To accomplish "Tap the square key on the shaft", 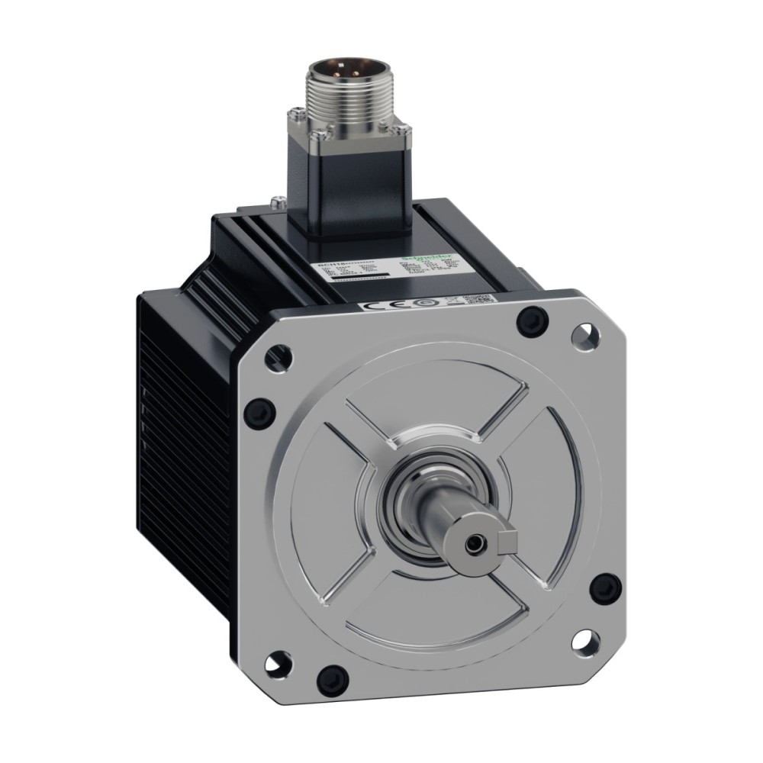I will tap(507, 542).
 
